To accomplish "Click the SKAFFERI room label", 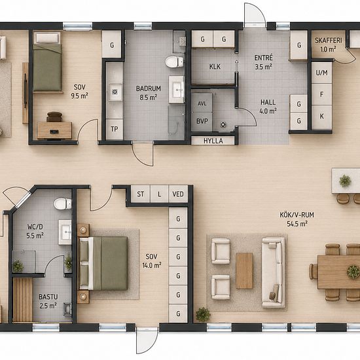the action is [x=329, y=41].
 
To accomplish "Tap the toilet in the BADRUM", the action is [x=175, y=62].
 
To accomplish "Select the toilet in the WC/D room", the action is [x=62, y=204].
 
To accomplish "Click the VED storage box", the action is [x=178, y=194].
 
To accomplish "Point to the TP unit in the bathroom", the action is [x=115, y=129].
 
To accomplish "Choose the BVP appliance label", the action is [x=202, y=121].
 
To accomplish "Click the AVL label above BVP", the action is [x=202, y=103].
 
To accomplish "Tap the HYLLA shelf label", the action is [x=213, y=141].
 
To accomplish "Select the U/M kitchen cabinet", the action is [x=321, y=73].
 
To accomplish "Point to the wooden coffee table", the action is [x=244, y=271].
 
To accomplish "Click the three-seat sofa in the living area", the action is [x=274, y=272].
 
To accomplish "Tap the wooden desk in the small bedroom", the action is [x=54, y=130].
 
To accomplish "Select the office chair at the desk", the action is [x=54, y=117].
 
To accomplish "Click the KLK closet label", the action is [x=215, y=67].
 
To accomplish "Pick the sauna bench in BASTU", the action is [x=22, y=300].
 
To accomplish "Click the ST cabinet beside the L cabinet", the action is [x=141, y=194].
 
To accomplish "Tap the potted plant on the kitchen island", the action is [x=345, y=181].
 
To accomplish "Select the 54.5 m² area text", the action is [x=297, y=224].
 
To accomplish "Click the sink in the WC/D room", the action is [x=65, y=232].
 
